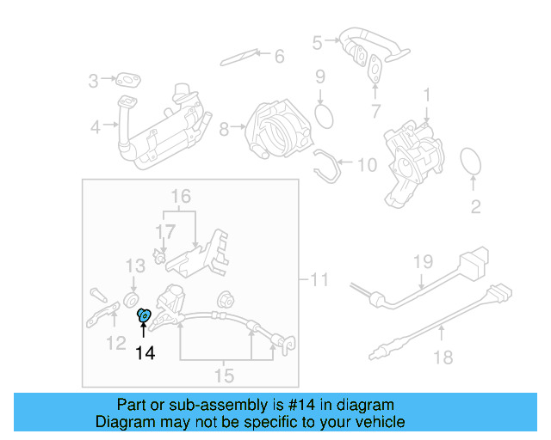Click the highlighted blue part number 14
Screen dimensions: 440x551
click(145, 317)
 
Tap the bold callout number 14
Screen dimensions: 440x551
click(145, 352)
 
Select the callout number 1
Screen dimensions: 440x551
click(425, 92)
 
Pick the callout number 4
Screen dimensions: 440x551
click(95, 128)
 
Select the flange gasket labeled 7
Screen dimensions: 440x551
click(376, 68)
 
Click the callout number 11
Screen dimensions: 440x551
click(319, 279)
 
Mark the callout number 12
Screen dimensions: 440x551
click(115, 345)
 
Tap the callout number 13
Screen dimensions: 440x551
click(135, 266)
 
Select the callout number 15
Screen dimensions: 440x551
click(224, 375)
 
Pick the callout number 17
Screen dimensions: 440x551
click(164, 230)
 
